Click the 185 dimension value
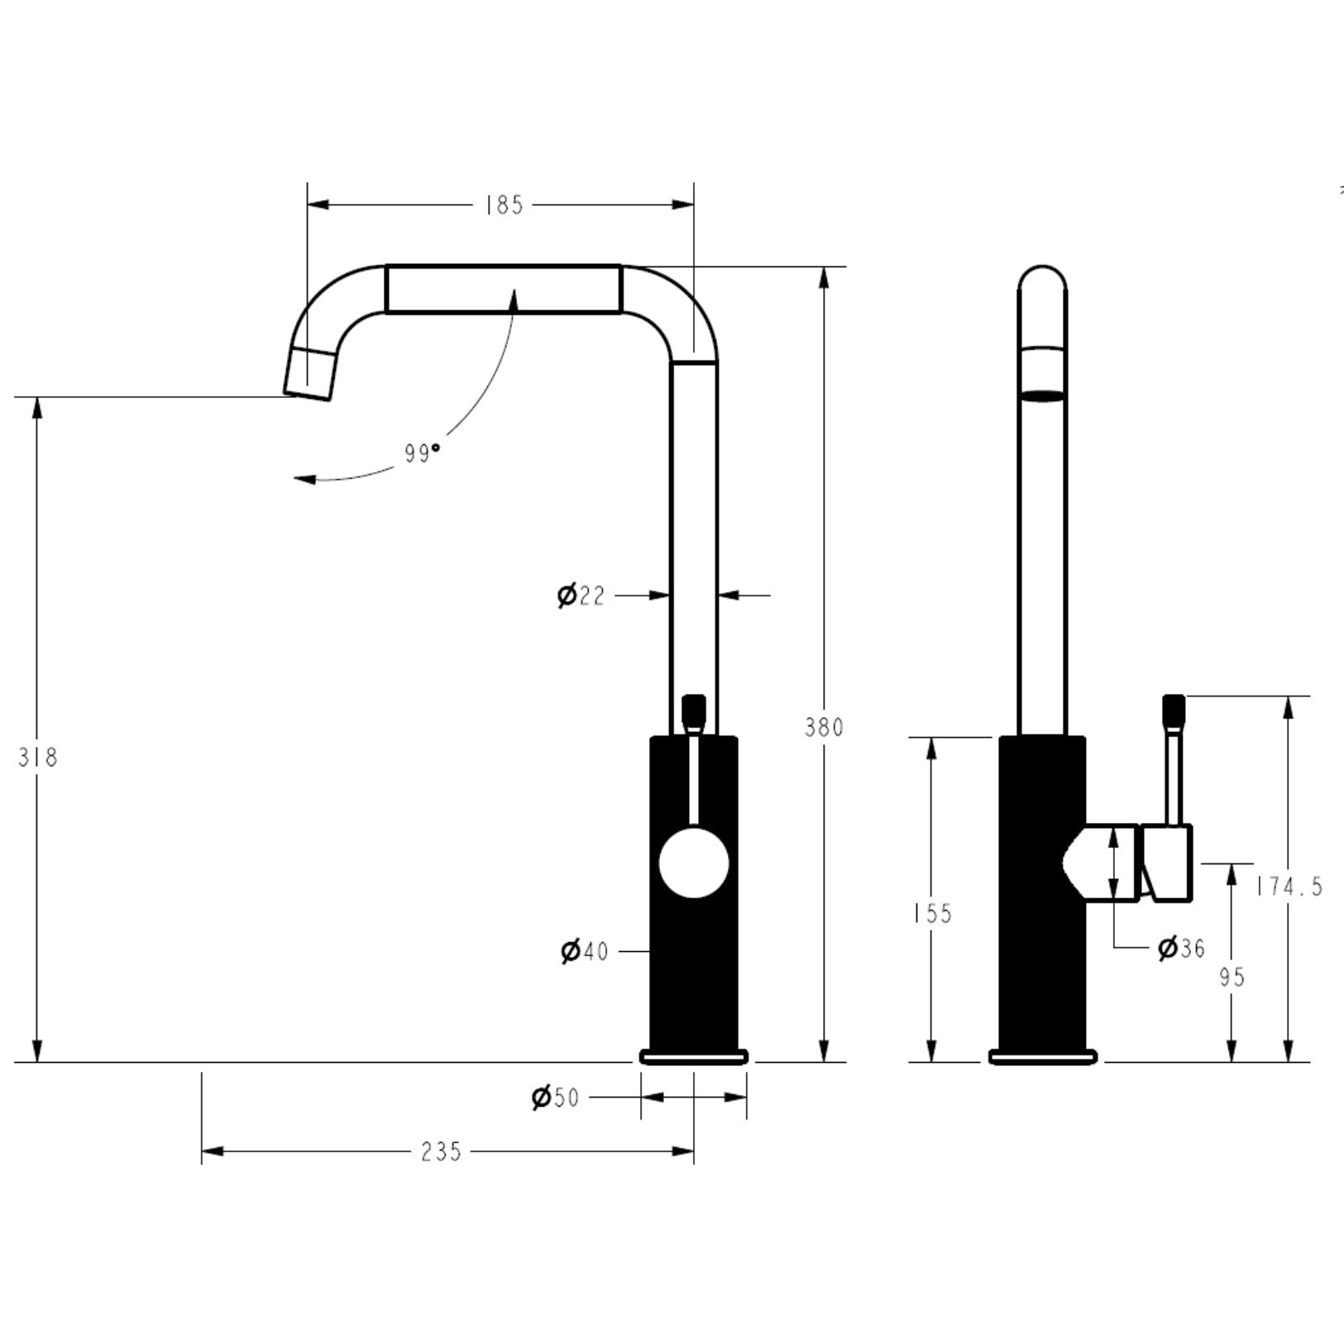(504, 205)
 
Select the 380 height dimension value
(824, 727)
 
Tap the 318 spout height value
(38, 757)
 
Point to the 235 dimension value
(441, 1151)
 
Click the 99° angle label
(422, 453)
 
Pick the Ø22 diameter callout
(581, 595)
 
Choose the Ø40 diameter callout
(584, 952)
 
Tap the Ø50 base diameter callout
(555, 1098)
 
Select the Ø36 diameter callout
(1181, 948)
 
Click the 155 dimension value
(932, 913)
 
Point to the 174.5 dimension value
(1289, 887)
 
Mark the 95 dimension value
(1232, 977)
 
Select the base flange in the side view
(1043, 1056)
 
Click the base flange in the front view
(694, 1056)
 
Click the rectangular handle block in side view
(1167, 863)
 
